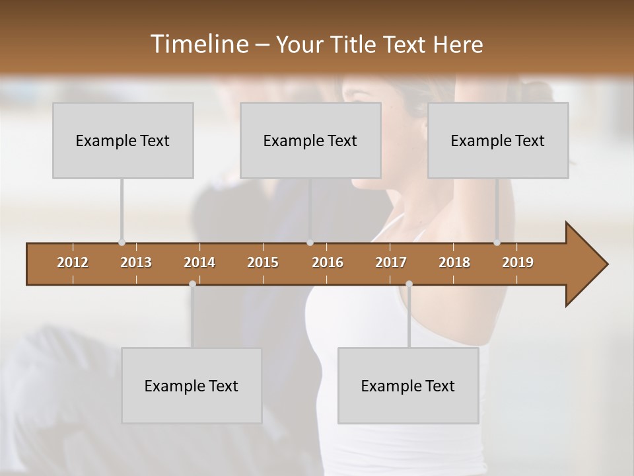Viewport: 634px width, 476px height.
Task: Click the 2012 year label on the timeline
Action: coord(73,262)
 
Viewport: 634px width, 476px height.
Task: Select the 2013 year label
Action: coord(136,262)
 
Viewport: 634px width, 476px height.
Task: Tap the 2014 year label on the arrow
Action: coord(199,262)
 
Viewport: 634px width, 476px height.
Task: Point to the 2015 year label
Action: coord(263,262)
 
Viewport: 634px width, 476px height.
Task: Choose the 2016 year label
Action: coord(328,262)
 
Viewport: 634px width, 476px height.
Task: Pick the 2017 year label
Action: coord(391,262)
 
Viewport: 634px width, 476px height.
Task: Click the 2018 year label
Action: coord(454,262)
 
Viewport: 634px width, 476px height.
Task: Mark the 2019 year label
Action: coord(518,262)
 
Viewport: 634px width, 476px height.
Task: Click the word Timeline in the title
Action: coord(198,44)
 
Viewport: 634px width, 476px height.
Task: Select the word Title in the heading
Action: coord(353,44)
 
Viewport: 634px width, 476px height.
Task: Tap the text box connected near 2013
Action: coord(123,140)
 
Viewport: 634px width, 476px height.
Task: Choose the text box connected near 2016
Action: coord(310,140)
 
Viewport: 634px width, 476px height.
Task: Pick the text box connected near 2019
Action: coord(498,140)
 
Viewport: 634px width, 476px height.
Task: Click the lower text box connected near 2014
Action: coord(192,385)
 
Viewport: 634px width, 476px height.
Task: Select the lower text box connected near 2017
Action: coord(408,385)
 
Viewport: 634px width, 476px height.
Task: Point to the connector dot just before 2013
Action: coord(122,243)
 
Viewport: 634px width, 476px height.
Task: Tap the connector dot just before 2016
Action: coord(310,243)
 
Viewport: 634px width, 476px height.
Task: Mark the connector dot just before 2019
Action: coord(497,243)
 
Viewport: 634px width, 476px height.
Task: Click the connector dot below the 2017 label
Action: coord(409,284)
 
